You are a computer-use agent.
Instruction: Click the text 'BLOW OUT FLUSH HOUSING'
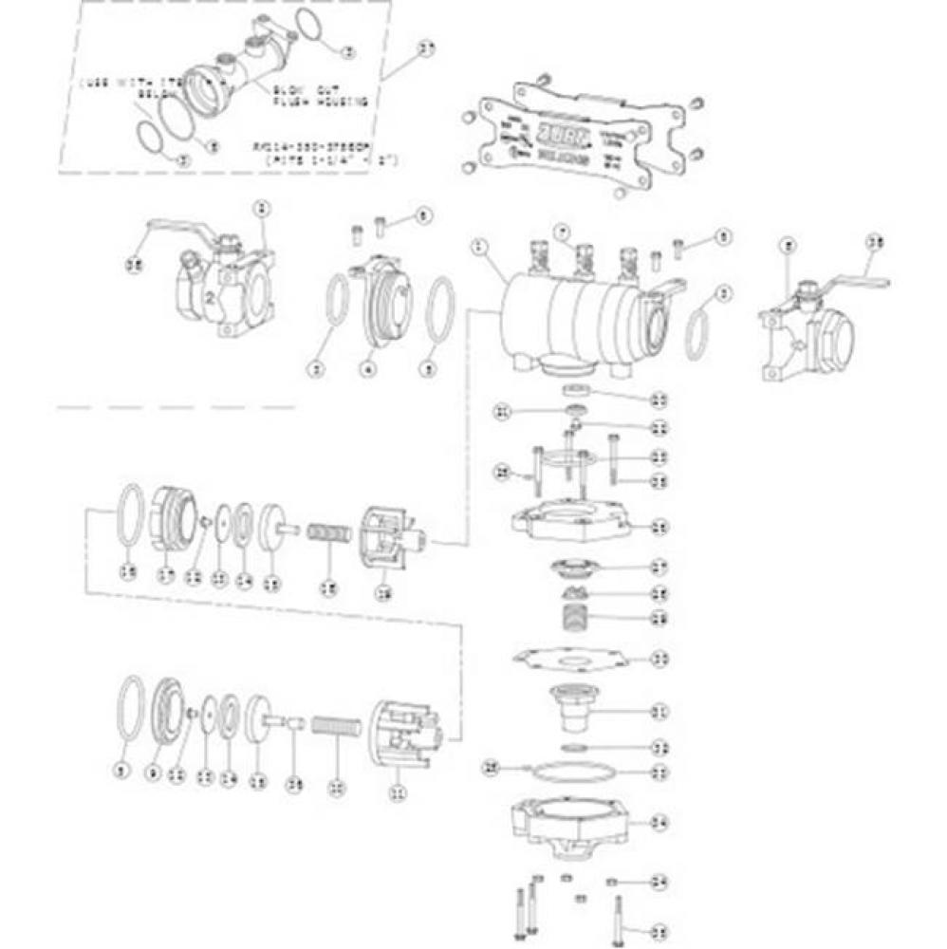(302, 94)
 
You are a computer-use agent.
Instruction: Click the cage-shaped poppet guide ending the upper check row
(388, 538)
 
